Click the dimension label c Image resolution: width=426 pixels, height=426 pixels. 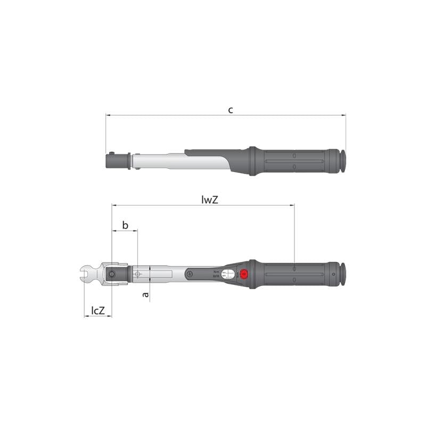point(230,110)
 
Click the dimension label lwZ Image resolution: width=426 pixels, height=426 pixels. point(211,200)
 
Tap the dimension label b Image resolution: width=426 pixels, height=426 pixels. point(125,225)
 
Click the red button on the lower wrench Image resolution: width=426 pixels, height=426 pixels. point(244,274)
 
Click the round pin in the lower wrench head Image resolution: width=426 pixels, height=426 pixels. point(113,274)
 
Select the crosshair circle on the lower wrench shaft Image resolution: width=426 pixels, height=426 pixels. point(138,274)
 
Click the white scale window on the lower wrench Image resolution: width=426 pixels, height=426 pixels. point(228,274)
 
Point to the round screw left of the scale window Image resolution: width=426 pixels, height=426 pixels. point(189,274)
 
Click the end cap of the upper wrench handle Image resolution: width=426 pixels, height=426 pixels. point(343,161)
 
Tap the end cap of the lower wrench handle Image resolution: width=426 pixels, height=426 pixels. point(343,274)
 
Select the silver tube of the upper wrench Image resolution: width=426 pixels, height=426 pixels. point(160,160)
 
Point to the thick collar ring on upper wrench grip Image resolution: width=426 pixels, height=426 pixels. point(252,161)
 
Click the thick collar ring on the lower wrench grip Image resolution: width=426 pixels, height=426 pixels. point(252,274)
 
